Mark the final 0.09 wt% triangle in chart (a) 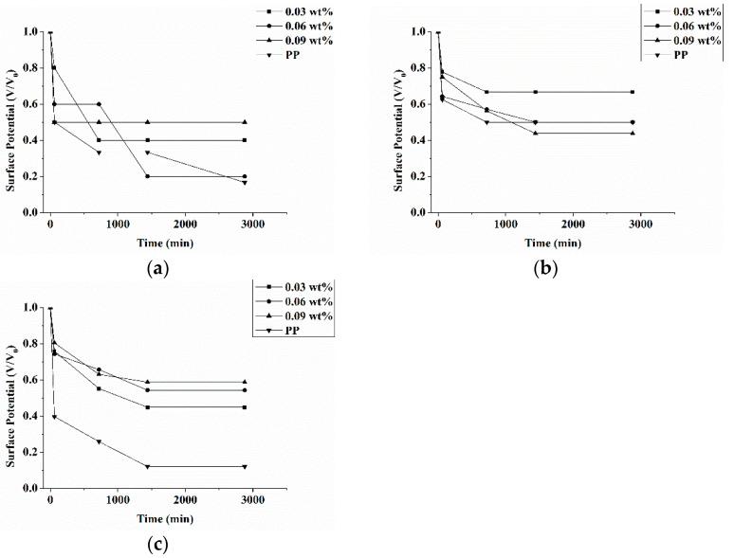245,122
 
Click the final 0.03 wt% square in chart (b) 632,92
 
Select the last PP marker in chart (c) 245,466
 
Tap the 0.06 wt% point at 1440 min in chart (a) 147,176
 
